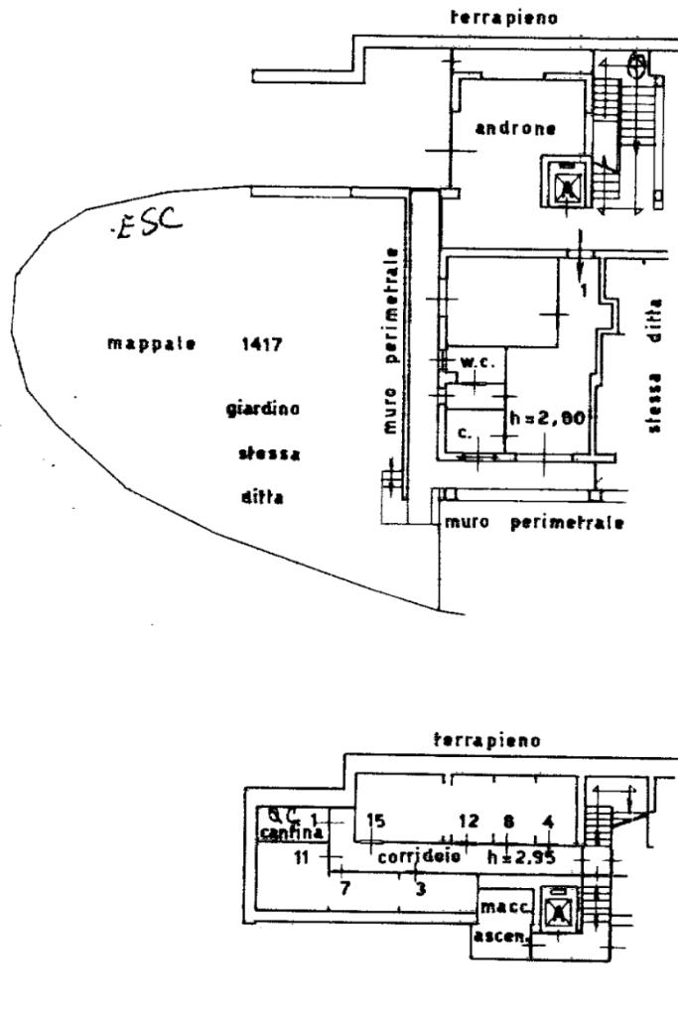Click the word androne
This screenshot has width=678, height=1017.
coord(514,128)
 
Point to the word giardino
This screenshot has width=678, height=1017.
coord(264,407)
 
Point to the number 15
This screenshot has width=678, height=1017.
coord(375,820)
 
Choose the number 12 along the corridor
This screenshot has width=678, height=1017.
coord(470,820)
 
